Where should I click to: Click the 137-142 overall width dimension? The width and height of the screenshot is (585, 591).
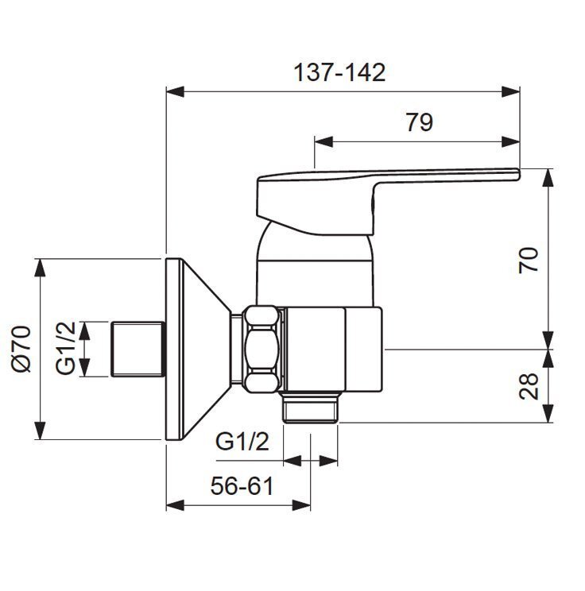pos(339,72)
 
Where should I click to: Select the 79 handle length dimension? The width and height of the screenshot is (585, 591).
pos(420,122)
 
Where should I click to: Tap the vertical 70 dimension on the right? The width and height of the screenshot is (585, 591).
pos(529,260)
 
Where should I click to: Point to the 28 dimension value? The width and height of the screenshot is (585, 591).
pos(529,386)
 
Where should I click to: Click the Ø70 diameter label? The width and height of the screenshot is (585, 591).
pos(21,349)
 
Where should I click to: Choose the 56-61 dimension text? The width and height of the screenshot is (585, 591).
pos(242,486)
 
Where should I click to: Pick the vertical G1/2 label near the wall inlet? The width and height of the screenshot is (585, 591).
pos(65,348)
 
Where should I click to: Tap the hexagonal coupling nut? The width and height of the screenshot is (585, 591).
pos(262,349)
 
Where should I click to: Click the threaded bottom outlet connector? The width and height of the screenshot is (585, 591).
pos(311,407)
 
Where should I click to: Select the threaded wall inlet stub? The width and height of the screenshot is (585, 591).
pos(138,349)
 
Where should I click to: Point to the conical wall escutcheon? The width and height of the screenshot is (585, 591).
pos(199,349)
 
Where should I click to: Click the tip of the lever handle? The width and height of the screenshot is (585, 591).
pos(518,173)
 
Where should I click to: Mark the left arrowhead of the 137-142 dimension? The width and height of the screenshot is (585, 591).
pos(175,91)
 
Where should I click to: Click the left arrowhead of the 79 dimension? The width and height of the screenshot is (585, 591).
pos(323,142)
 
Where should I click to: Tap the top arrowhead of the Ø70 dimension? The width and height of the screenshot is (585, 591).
pos(40,268)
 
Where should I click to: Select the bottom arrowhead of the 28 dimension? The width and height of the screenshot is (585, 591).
pos(548,414)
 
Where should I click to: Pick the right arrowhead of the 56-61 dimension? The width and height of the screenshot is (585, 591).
pos(302,505)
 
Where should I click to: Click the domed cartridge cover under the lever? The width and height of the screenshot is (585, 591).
pos(314,264)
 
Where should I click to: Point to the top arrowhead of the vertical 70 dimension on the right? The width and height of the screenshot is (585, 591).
pos(548,177)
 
